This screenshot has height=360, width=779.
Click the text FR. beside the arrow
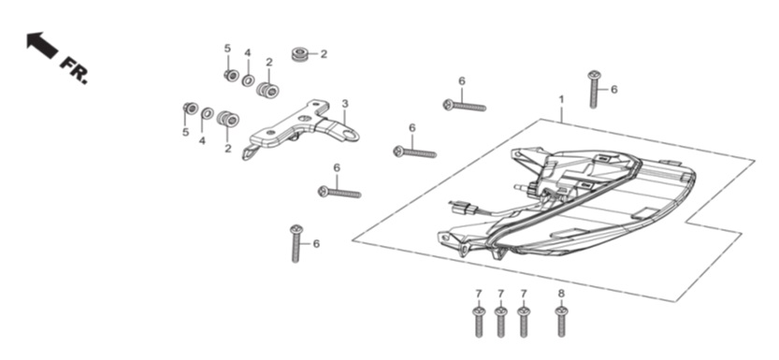point(74,70)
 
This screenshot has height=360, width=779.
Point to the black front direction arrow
point(42,45)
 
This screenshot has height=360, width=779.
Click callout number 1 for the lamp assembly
point(561,99)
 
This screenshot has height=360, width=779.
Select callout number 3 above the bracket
point(345,104)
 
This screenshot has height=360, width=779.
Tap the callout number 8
point(561,294)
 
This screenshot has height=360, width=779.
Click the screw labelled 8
point(561,322)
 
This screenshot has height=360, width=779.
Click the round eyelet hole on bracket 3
point(353,134)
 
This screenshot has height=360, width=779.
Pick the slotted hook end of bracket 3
point(249,153)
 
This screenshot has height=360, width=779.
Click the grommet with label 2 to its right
point(299,53)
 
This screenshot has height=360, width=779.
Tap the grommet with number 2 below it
point(228,119)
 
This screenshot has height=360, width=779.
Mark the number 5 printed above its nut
point(227,49)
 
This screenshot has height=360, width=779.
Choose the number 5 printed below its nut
point(185,132)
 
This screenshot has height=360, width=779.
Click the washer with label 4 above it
point(249,79)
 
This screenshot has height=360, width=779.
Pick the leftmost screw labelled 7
point(479,322)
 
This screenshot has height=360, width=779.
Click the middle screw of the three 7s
point(501,322)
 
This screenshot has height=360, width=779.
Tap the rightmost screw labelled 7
point(524,322)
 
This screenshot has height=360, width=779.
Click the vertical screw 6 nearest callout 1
point(594,90)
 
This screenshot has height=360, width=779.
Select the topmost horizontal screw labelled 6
point(465,106)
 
